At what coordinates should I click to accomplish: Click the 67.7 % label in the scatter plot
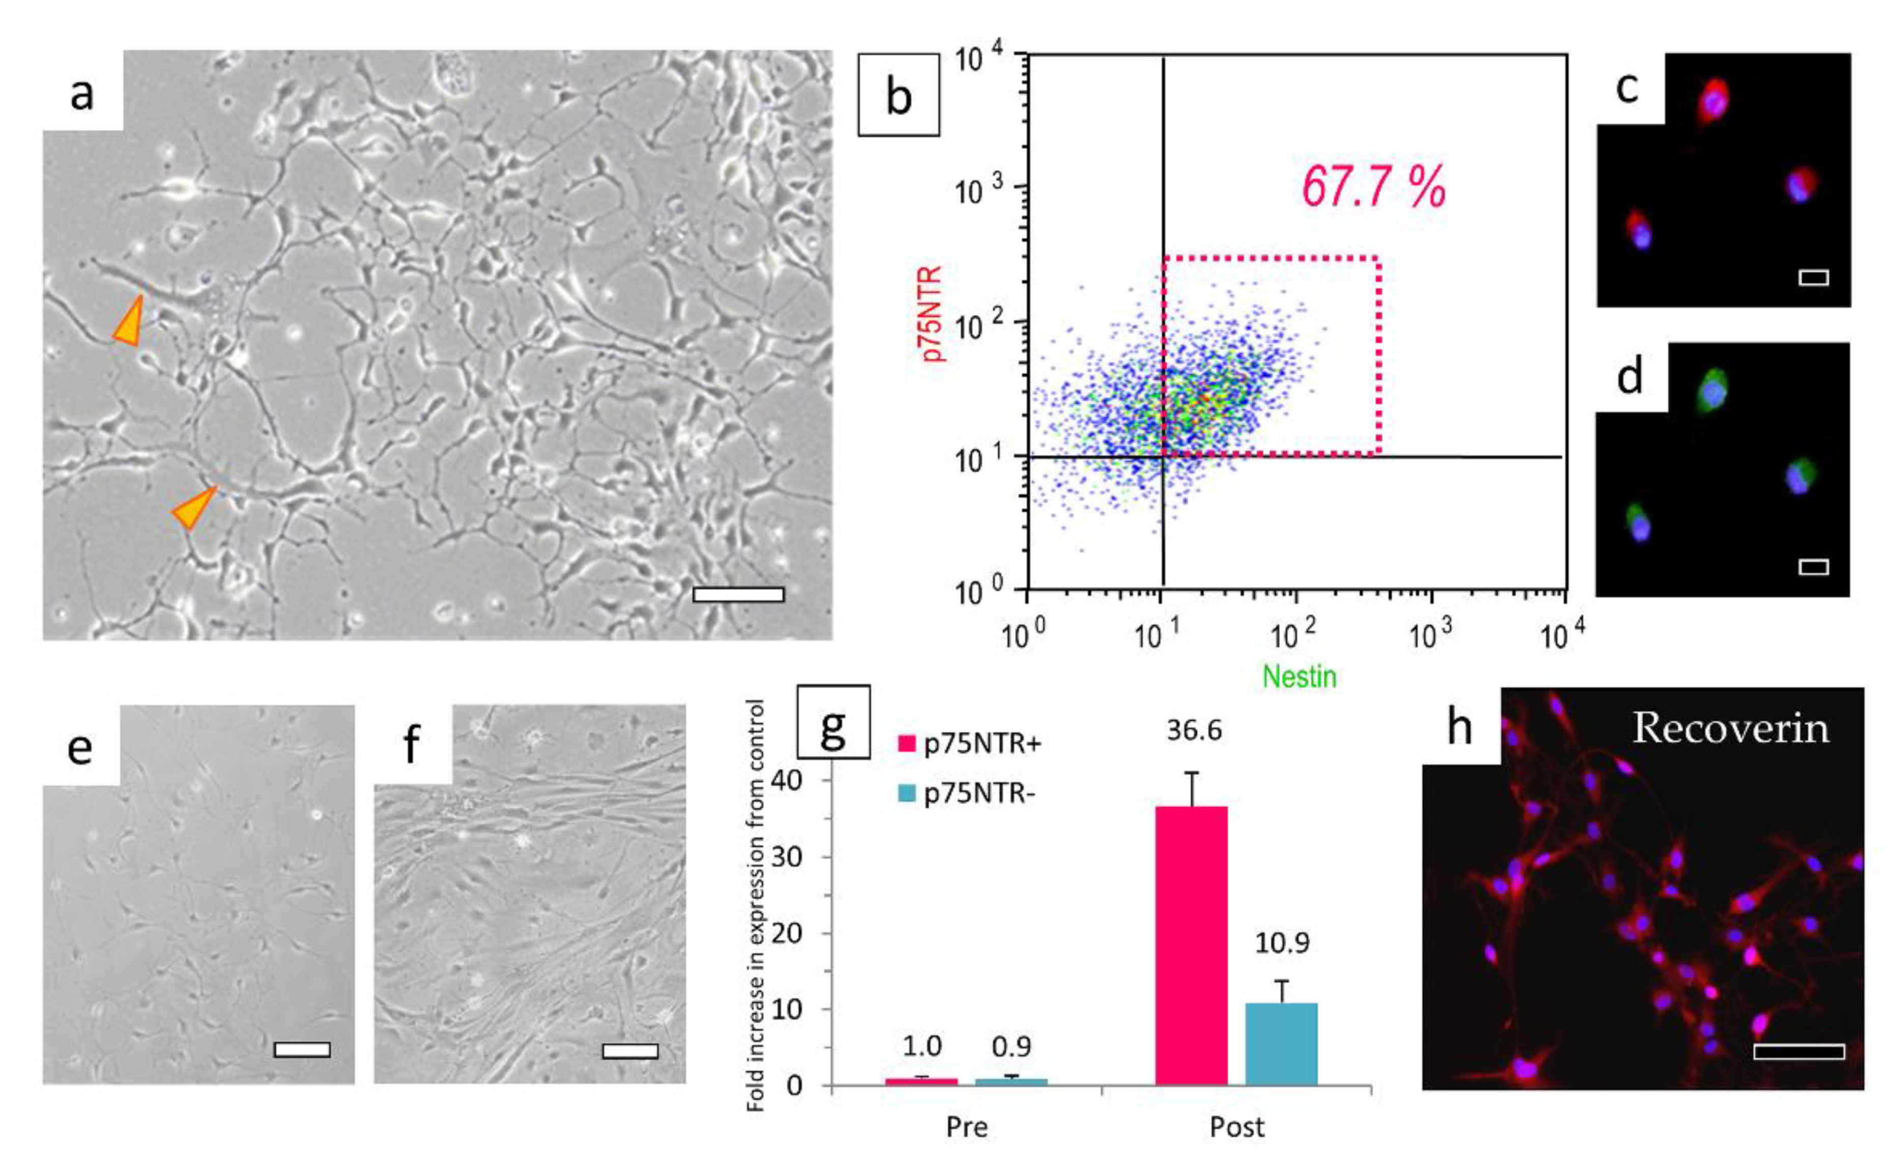(x=1373, y=187)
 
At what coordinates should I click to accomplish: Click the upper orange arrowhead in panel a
(x=129, y=322)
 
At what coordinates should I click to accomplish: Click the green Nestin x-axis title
(x=1300, y=677)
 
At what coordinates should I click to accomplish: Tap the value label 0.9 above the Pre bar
(x=1011, y=1046)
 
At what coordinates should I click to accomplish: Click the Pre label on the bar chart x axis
(x=966, y=1127)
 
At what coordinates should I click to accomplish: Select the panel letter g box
(x=834, y=722)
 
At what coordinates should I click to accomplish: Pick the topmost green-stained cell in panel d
(x=1711, y=391)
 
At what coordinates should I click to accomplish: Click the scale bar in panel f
(x=630, y=1051)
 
